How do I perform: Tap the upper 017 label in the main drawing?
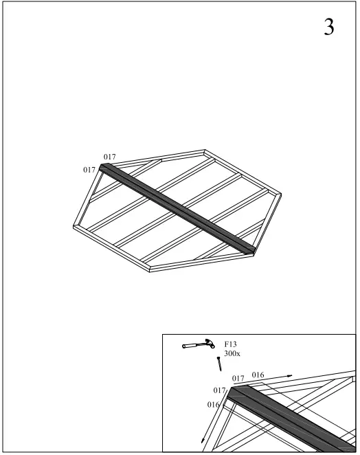(109, 157)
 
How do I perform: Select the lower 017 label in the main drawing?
(89, 170)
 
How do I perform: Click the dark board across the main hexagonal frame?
(177, 207)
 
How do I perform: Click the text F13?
(232, 344)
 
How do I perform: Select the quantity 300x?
(232, 353)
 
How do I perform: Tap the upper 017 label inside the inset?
(238, 378)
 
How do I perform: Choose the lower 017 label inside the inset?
(220, 390)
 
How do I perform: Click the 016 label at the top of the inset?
(258, 375)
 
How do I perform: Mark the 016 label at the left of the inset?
(214, 406)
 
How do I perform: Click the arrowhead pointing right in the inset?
(290, 376)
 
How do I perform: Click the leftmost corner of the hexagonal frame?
(74, 223)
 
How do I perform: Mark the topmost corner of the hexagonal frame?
(205, 150)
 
